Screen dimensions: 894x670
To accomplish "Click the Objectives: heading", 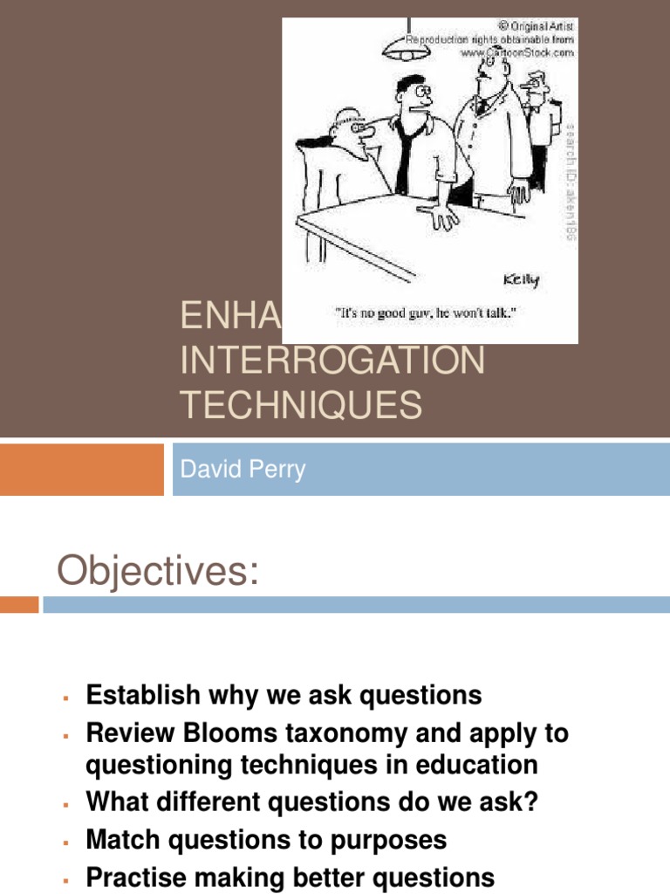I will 159,572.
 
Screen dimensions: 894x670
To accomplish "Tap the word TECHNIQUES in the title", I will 301,406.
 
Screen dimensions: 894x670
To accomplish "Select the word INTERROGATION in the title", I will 332,360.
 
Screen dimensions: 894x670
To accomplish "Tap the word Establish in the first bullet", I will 146,696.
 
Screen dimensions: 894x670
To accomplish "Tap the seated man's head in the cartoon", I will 350,130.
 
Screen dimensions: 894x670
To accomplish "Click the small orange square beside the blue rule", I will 19,604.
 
